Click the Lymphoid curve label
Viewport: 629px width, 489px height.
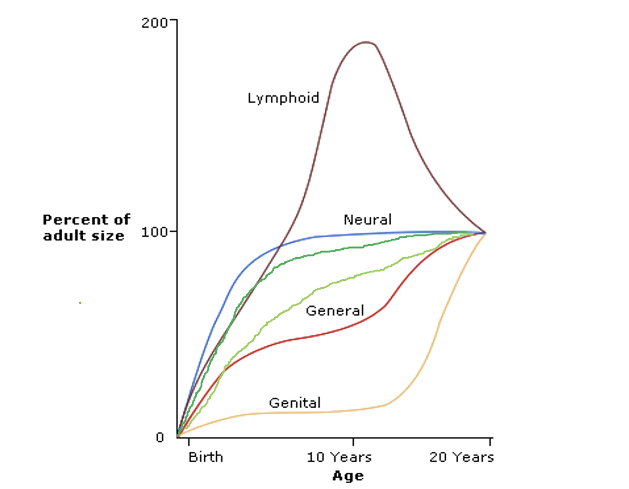[283, 97]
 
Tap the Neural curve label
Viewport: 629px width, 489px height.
[367, 219]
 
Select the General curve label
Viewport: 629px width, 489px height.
[335, 310]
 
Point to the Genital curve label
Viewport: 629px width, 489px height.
[295, 403]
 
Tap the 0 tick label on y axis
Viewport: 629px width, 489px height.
[160, 437]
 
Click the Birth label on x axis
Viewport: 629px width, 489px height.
[205, 457]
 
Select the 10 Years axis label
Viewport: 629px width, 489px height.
[339, 457]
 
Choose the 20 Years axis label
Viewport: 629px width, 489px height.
[461, 457]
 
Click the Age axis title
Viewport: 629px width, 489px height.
[347, 476]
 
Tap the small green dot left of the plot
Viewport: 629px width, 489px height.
[80, 303]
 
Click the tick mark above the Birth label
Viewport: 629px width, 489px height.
[189, 442]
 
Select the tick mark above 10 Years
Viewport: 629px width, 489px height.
[353, 442]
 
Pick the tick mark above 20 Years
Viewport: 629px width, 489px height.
[490, 442]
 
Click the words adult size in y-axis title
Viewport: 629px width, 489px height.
[83, 236]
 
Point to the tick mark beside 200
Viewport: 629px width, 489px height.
[173, 20]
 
